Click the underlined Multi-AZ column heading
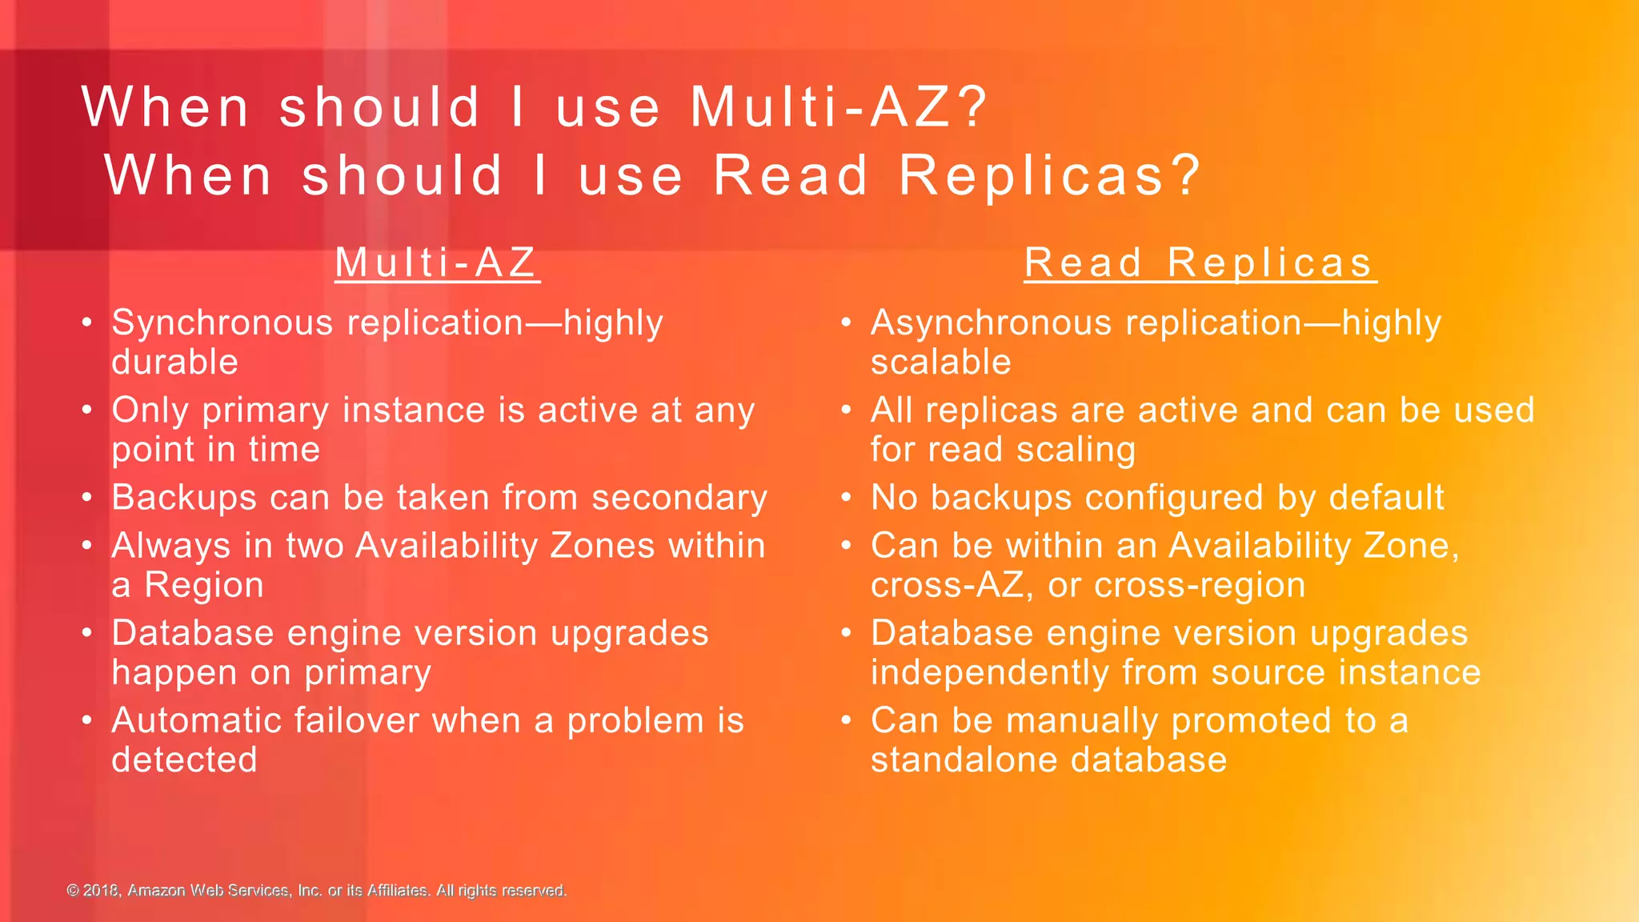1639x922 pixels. click(436, 263)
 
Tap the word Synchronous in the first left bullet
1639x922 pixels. click(222, 324)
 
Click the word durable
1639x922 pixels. click(174, 362)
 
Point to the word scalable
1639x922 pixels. click(940, 362)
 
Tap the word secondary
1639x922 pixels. click(679, 498)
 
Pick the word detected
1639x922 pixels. click(184, 760)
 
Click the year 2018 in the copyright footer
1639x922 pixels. click(101, 891)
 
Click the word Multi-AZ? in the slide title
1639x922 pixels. click(840, 107)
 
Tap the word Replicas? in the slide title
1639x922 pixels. click(1050, 175)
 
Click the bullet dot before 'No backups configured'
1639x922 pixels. click(847, 498)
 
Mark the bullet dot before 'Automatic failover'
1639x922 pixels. click(87, 720)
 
